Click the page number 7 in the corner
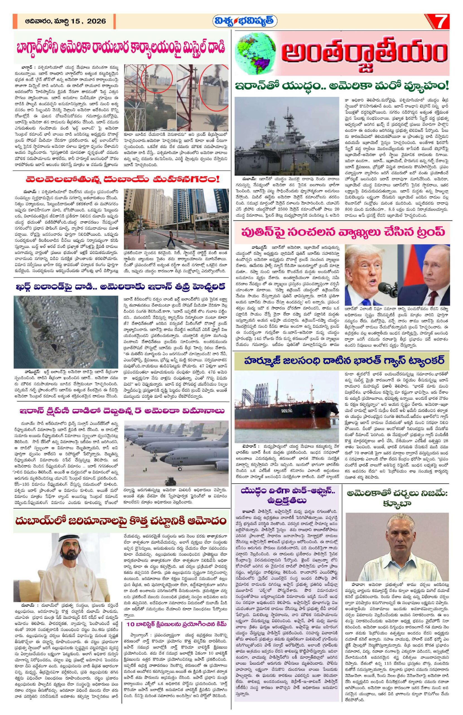[444, 22]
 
